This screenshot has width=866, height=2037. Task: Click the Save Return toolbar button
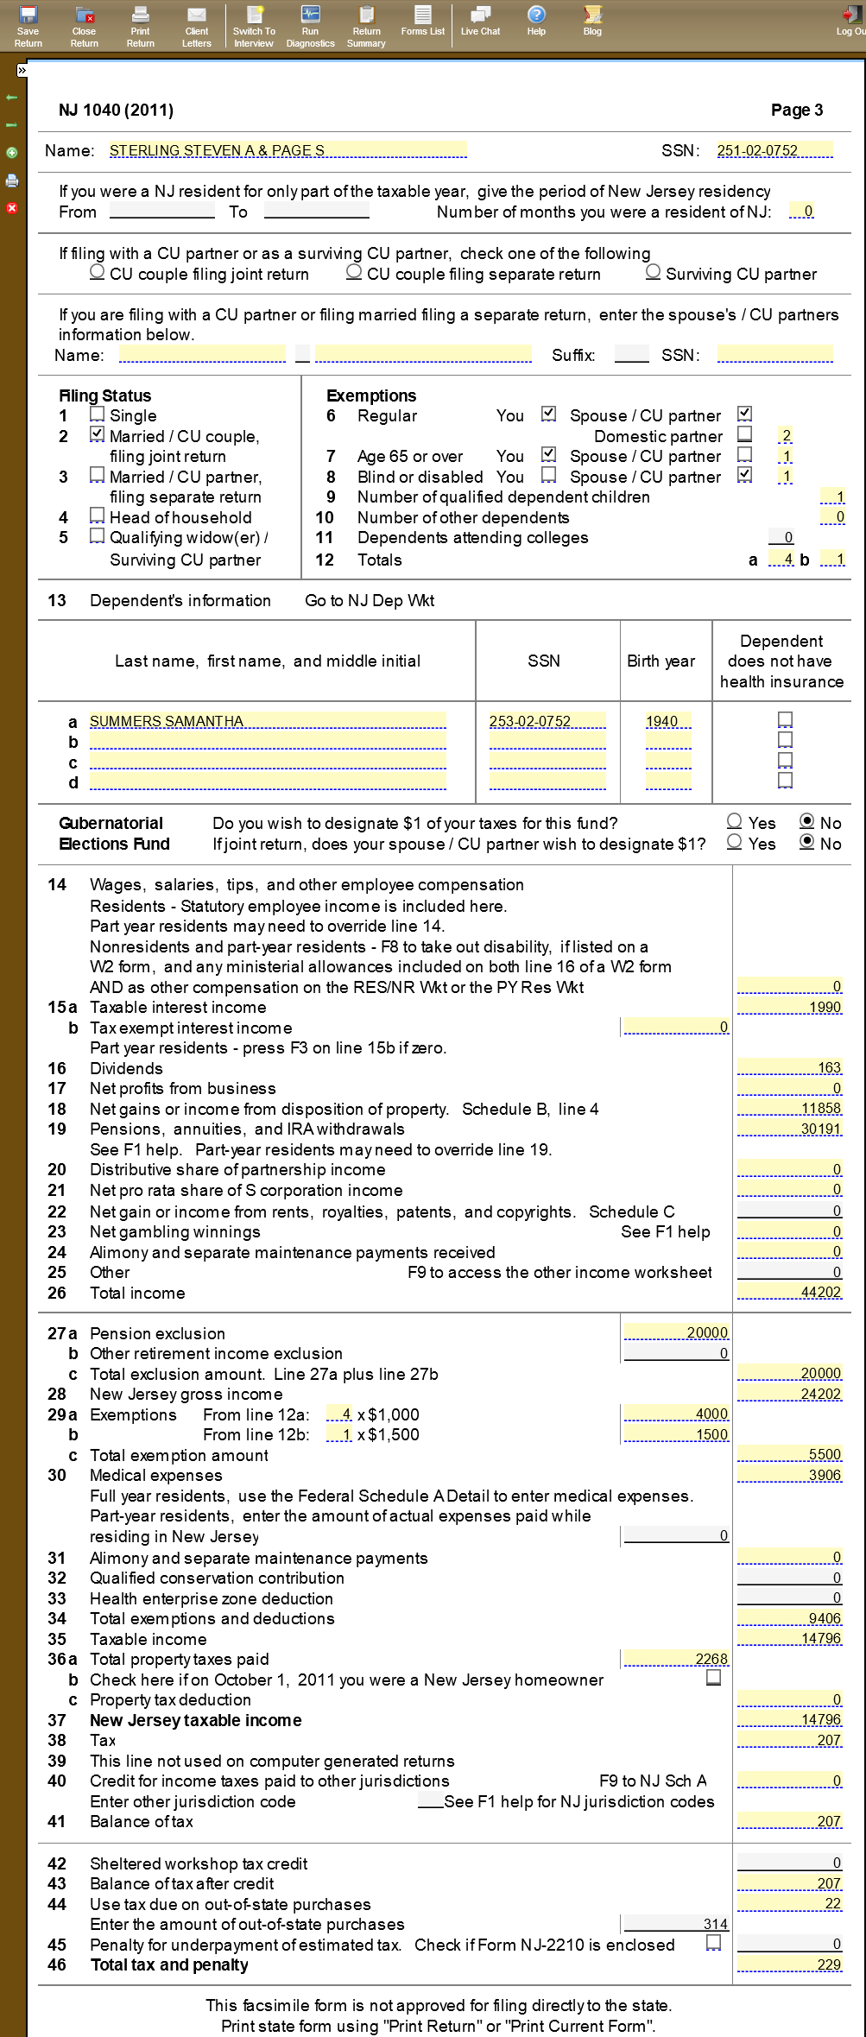(x=28, y=26)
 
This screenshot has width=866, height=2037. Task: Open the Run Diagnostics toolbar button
(x=310, y=26)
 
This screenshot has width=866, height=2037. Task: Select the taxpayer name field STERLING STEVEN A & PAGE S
(x=288, y=150)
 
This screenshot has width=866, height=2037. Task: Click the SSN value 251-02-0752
(x=774, y=150)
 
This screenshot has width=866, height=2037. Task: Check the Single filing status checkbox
(x=98, y=415)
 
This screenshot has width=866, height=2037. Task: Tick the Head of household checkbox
(x=98, y=516)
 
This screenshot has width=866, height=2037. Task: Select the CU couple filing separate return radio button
(x=354, y=273)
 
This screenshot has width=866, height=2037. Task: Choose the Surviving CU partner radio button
(x=654, y=273)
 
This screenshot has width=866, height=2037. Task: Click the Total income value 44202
(x=789, y=1292)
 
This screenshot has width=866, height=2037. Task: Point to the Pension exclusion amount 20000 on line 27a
(x=676, y=1332)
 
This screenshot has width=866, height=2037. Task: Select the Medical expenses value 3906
(x=789, y=1475)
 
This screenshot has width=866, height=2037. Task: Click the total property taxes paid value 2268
(x=676, y=1659)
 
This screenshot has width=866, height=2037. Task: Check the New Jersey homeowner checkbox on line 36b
(x=714, y=1678)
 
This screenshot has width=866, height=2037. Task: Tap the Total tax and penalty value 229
(x=789, y=1964)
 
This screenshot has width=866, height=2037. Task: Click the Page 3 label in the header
(x=796, y=110)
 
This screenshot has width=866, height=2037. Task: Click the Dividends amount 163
(x=789, y=1067)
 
